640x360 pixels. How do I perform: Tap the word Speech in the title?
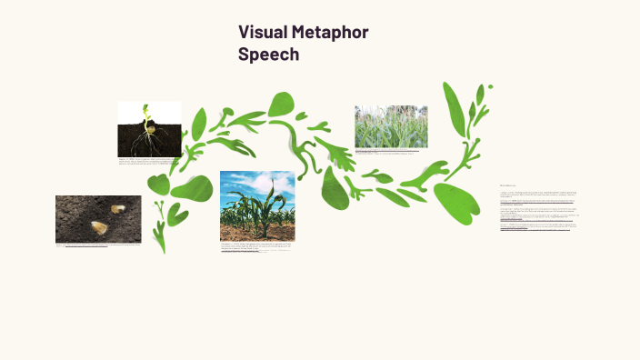coord(268,55)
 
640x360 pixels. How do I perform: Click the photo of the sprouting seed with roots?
coord(149,129)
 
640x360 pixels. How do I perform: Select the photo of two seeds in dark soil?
coord(98,218)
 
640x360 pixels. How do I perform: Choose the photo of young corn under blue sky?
coord(257,205)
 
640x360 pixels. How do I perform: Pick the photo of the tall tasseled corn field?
coord(391,126)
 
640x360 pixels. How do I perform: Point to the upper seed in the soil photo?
coord(118,209)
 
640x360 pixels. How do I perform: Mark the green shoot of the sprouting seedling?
coord(145,113)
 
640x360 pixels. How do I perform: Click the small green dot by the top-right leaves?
coord(491,87)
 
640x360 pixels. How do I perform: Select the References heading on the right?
coord(507,185)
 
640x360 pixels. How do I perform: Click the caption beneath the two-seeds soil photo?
coord(98,245)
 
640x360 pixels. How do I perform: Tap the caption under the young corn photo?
coord(257,246)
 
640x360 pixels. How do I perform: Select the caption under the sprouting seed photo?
coord(149,161)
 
